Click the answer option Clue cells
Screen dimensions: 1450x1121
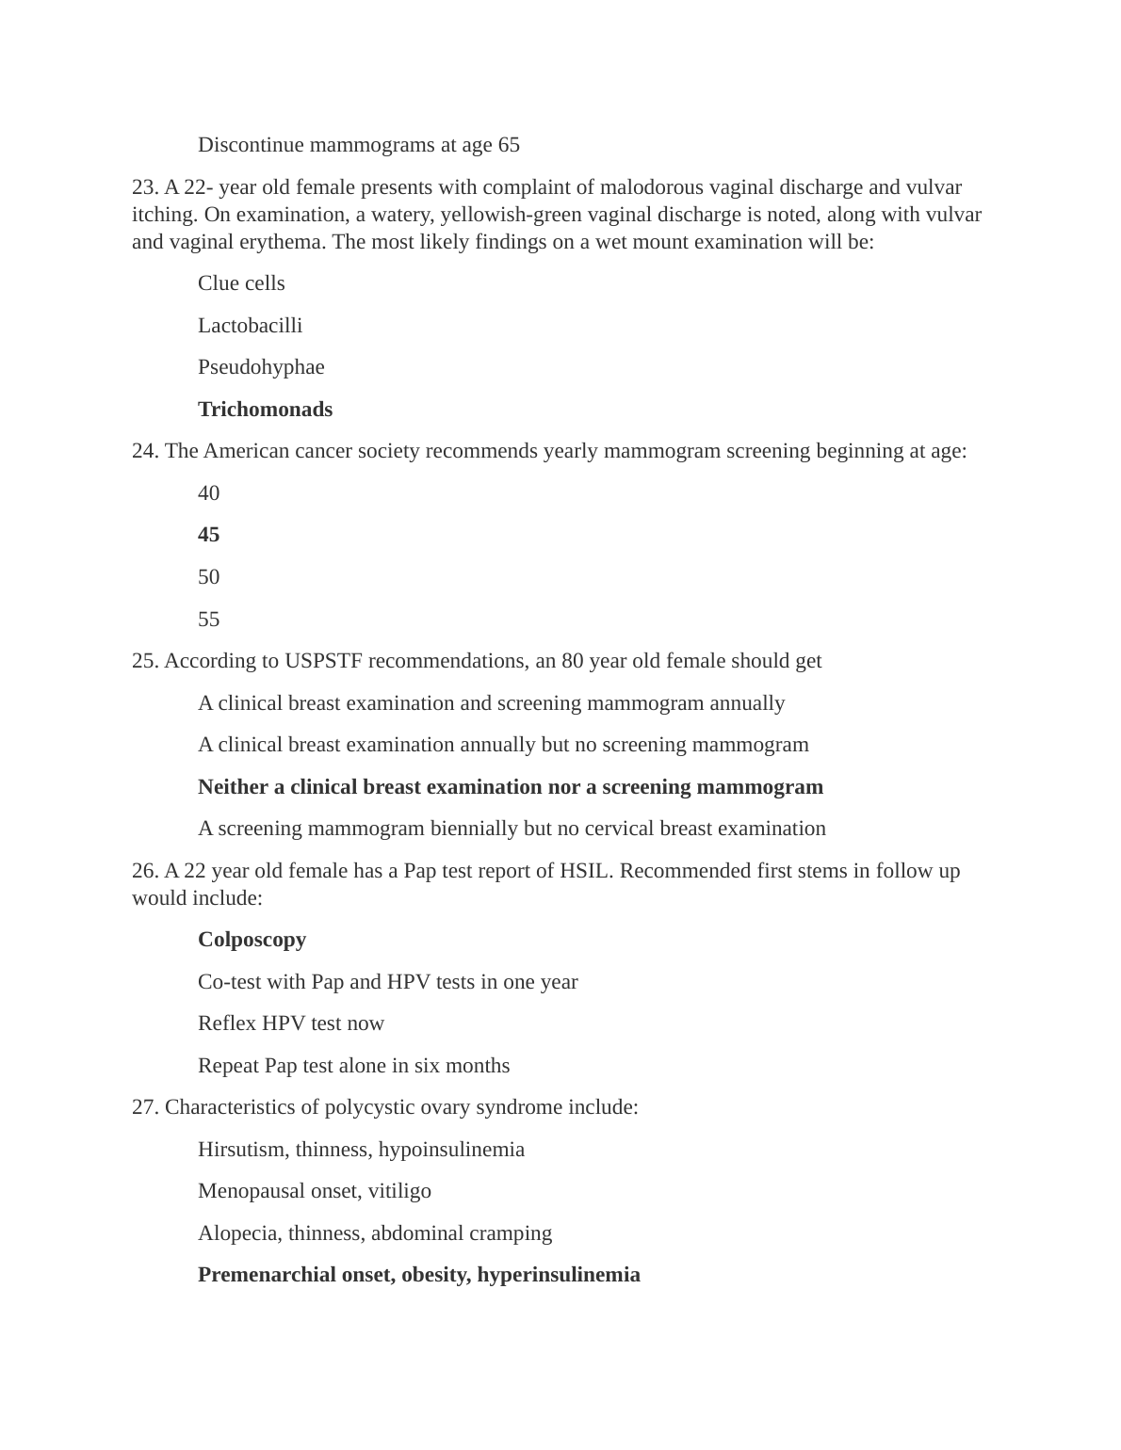[241, 283]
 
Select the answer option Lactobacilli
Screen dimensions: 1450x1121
[250, 326]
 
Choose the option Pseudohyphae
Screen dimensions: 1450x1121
[261, 367]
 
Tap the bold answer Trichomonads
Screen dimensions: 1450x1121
[265, 410]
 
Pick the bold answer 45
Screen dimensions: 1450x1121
[208, 535]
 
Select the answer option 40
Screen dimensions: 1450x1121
[208, 493]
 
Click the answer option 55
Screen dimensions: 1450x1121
[208, 620]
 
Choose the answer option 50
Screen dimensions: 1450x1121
[208, 577]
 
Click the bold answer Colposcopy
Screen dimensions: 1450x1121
[252, 940]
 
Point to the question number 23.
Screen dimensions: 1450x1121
[145, 187]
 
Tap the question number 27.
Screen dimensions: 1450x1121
[145, 1107]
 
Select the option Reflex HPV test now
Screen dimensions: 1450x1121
[291, 1023]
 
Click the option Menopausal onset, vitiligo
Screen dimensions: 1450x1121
[315, 1191]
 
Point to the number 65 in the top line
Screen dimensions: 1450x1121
[509, 145]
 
